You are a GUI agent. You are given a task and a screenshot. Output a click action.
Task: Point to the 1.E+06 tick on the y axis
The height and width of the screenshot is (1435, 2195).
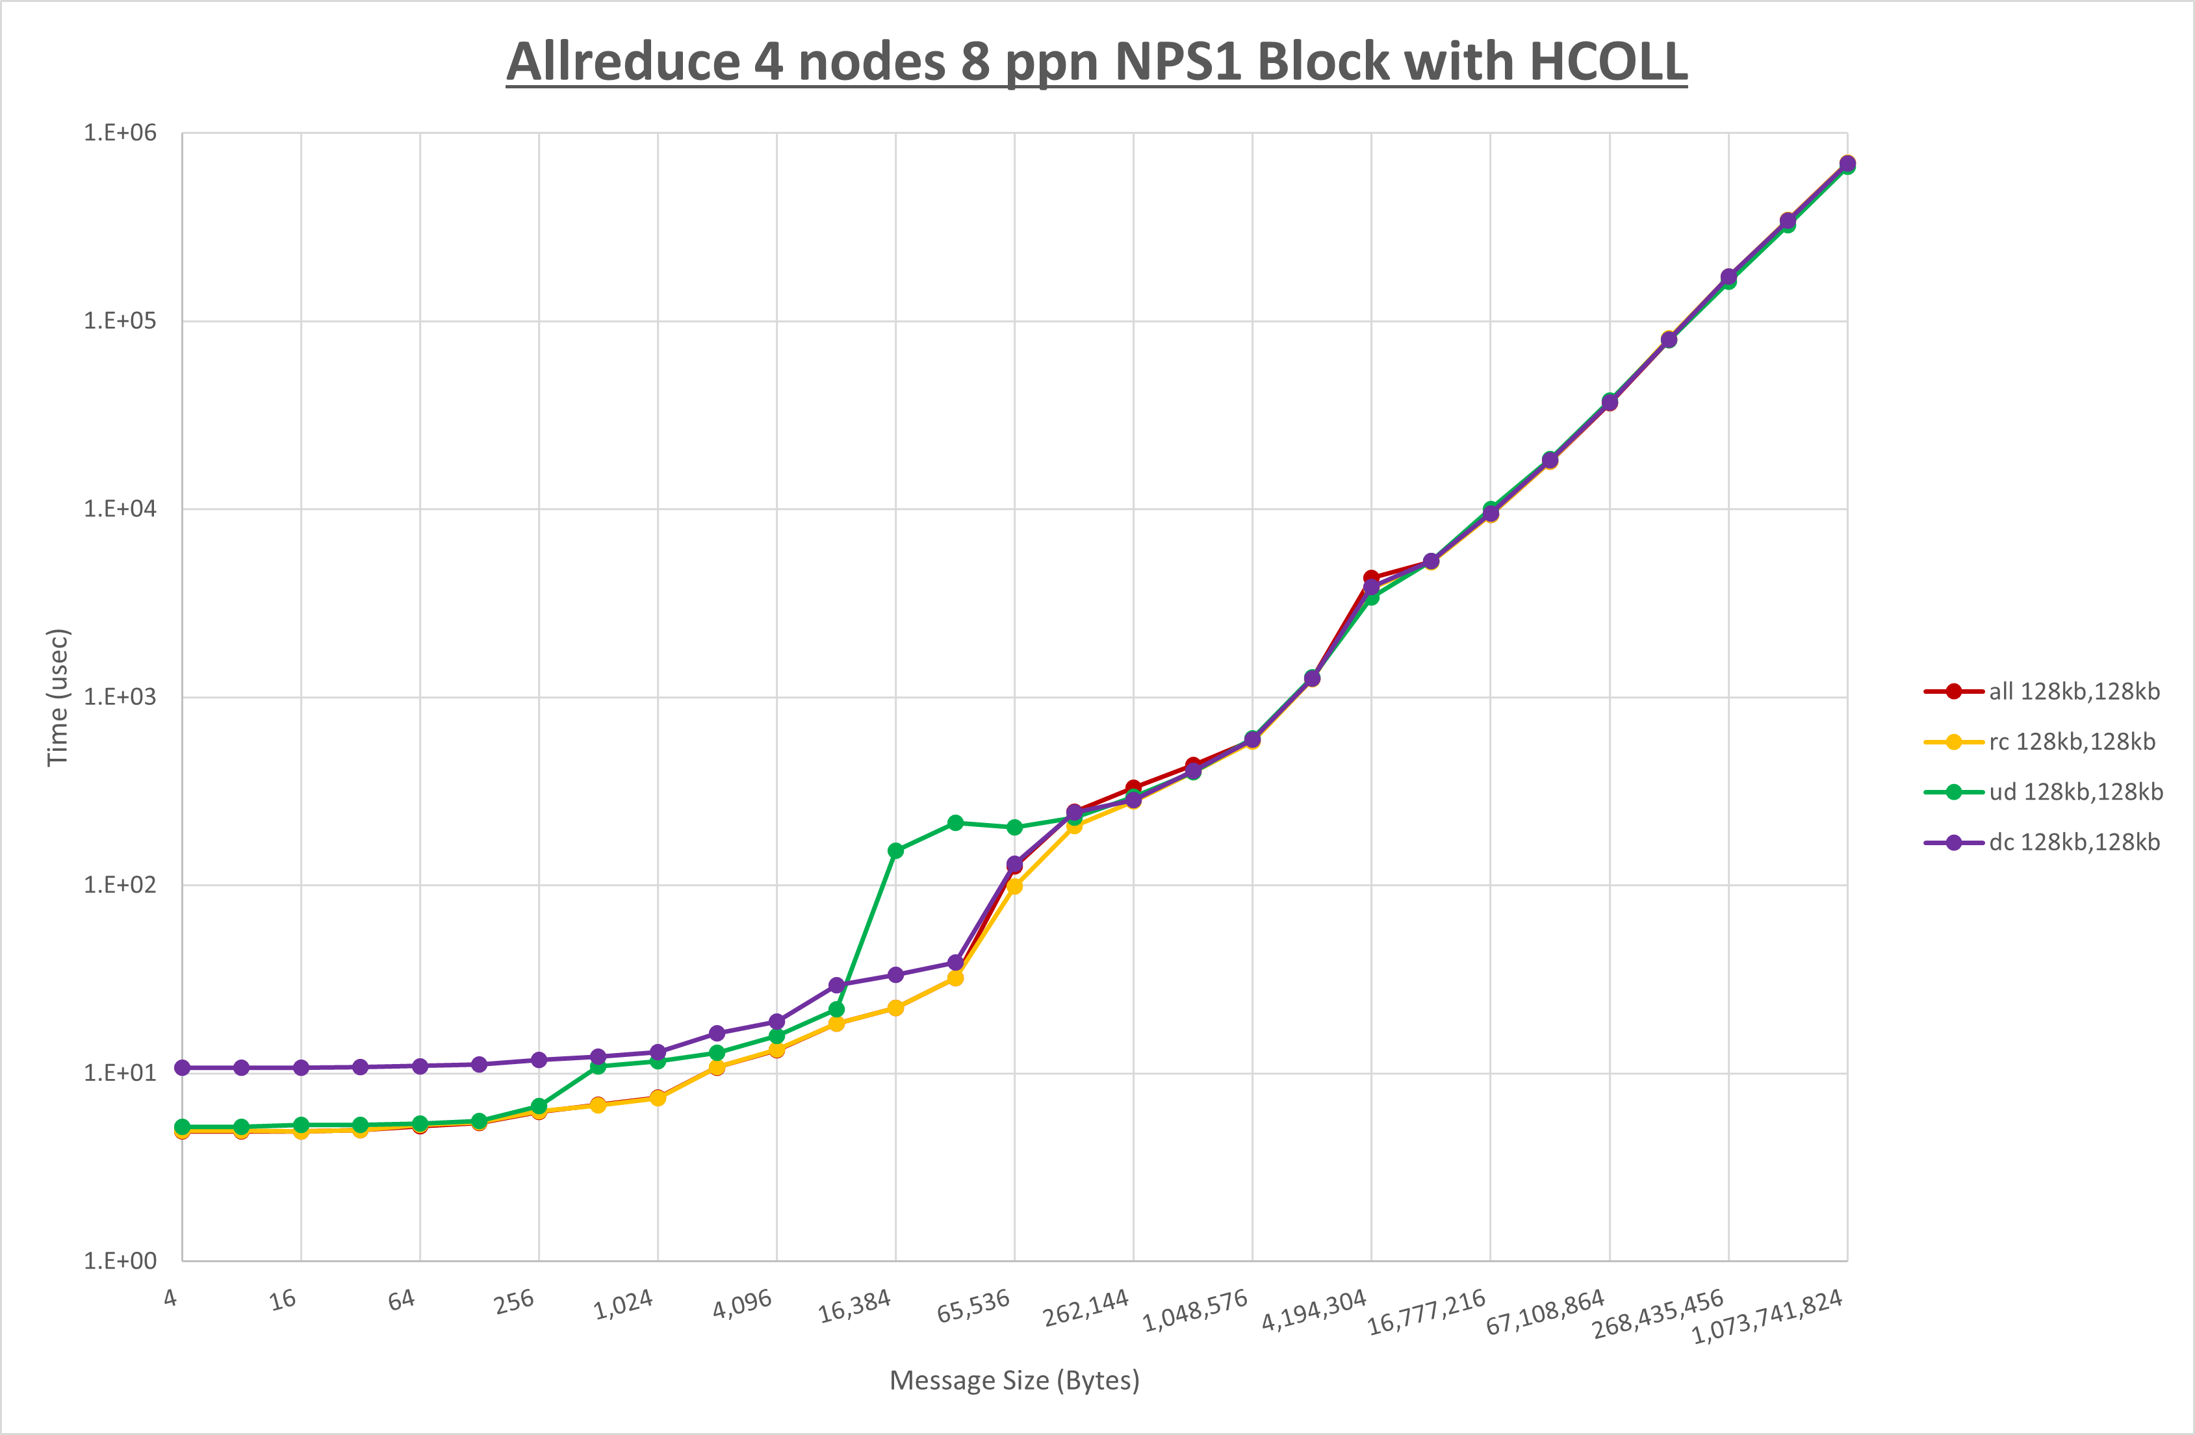(120, 133)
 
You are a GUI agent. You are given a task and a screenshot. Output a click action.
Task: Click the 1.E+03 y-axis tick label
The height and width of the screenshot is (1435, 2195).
(120, 697)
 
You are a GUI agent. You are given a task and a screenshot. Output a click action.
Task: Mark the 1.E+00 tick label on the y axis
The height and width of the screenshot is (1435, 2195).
(120, 1261)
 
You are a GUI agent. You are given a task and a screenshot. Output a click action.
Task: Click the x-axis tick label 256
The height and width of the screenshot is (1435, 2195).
(514, 1301)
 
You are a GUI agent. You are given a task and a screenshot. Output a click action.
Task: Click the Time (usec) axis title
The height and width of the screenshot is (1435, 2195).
(57, 697)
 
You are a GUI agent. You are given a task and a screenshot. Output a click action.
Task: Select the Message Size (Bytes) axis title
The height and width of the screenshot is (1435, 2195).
(1014, 1380)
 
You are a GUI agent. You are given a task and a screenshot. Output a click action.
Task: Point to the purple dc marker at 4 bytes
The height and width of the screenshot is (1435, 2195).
(183, 1068)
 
